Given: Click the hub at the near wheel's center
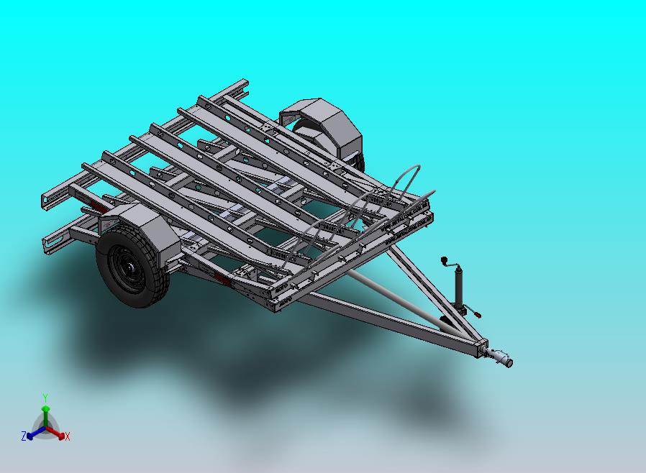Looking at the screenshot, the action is pos(130,267).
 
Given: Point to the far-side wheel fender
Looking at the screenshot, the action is pos(325,124).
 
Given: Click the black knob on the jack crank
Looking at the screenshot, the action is pos(444,260).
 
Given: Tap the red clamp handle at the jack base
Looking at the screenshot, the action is pos(478,315).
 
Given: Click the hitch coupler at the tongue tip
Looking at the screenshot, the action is pos(500,357).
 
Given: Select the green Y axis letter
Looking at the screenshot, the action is pos(46,398).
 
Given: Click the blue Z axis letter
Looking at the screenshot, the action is pos(24,436).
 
